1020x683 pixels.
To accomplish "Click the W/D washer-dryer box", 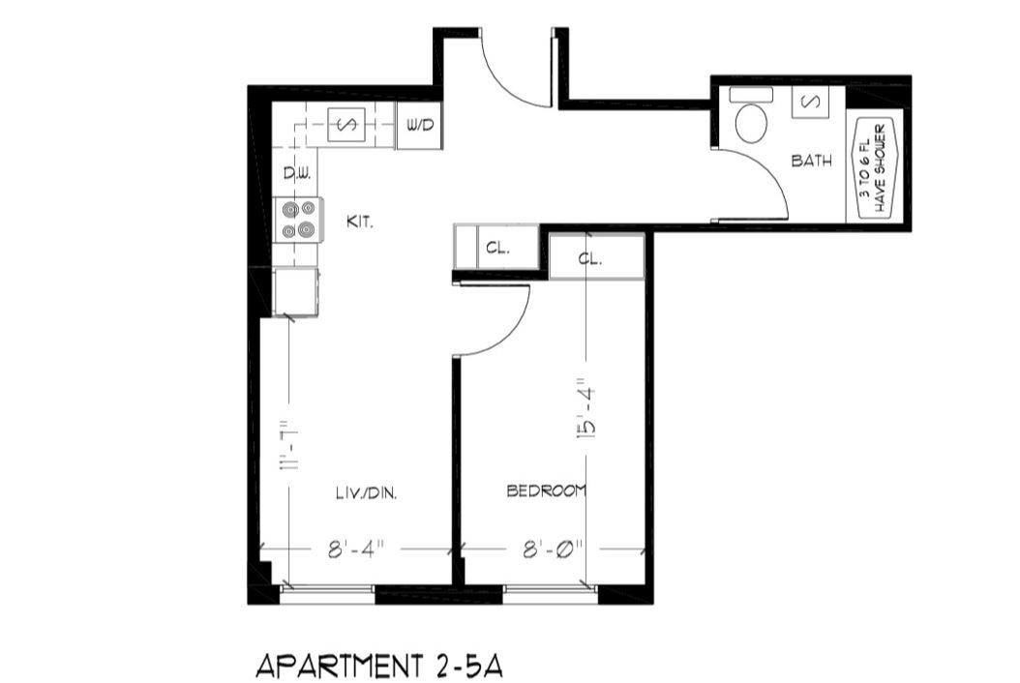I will [x=419, y=126].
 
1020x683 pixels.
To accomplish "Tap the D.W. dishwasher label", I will [x=295, y=174].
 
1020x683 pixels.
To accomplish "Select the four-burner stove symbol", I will [x=298, y=219].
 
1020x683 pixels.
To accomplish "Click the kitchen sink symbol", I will [x=346, y=125].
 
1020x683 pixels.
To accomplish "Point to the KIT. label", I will [x=360, y=223].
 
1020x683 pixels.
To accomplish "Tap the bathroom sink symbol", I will [x=810, y=103].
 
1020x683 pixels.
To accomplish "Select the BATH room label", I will [x=811, y=162].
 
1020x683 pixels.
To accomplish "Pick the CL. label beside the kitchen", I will [x=496, y=248].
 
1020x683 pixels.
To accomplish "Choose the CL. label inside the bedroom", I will [x=590, y=258].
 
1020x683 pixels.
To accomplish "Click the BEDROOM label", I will [x=547, y=491].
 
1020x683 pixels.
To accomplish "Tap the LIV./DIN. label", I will [x=362, y=492].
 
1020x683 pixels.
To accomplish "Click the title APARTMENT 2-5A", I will [x=379, y=666].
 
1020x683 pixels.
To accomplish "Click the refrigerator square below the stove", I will [x=296, y=292].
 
